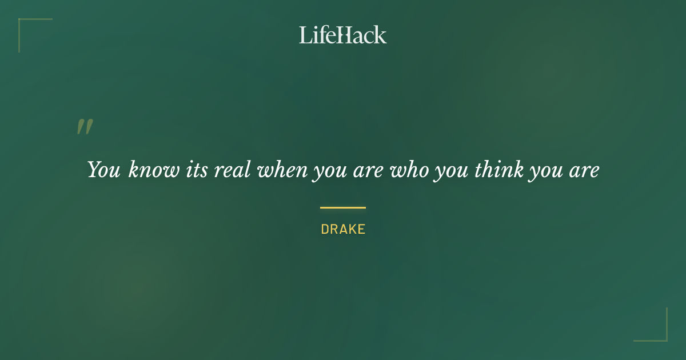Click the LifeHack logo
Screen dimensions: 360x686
[x=343, y=35]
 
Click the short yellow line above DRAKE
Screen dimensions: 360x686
[x=343, y=207]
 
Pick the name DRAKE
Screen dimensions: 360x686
[x=343, y=230]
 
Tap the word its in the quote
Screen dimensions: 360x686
[x=197, y=170]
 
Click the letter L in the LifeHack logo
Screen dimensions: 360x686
[x=305, y=35]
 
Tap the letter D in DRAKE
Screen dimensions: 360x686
[x=325, y=230]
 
